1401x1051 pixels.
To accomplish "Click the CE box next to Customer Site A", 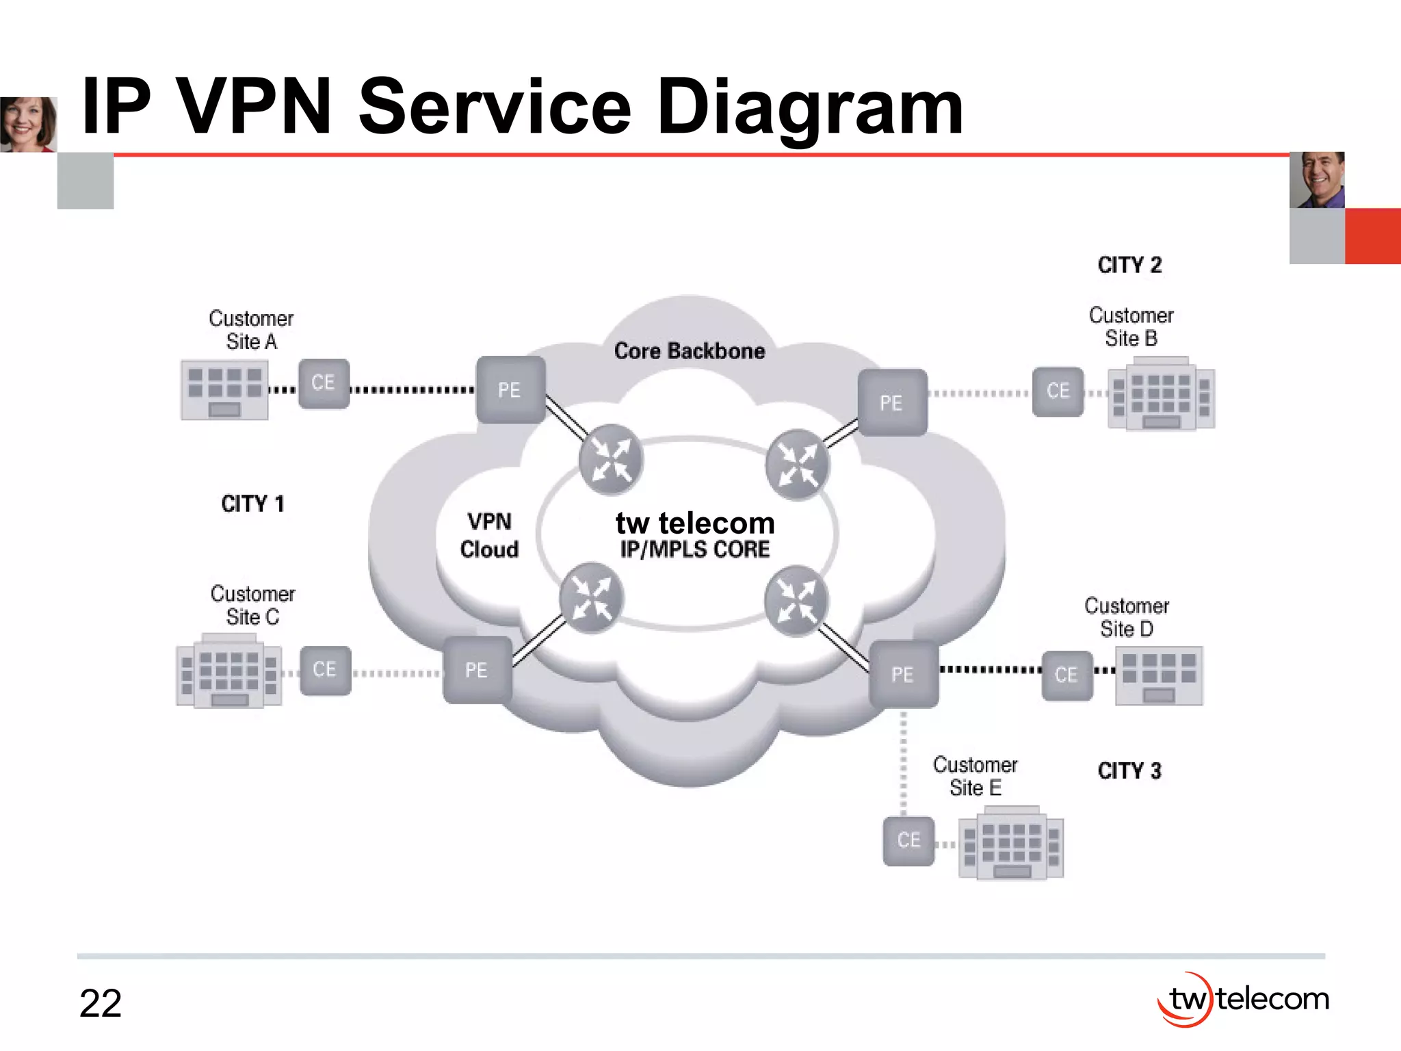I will coord(324,384).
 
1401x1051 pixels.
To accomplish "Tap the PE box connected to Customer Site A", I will coord(510,390).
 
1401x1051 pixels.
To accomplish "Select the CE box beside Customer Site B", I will coord(1058,391).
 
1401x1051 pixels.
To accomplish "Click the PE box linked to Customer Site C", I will coord(477,670).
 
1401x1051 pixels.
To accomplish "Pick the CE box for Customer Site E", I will coord(908,840).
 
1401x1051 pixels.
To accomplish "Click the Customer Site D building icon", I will coord(1158,676).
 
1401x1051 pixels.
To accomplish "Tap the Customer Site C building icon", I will coord(228,671).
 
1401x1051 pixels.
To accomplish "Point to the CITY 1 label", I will coord(252,504).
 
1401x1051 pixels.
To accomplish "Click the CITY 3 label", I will coord(1129,771).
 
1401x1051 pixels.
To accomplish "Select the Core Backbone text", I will coord(689,351).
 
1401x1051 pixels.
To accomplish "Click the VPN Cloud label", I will coord(489,536).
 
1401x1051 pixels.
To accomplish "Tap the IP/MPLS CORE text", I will coord(694,549).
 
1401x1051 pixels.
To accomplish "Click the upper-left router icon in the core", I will coord(610,459).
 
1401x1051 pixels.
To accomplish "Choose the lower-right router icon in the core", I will coord(796,601).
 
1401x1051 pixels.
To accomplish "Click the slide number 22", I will coord(100,1004).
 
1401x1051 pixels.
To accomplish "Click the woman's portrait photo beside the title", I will coord(28,124).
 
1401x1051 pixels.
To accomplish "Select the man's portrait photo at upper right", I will coord(1317,180).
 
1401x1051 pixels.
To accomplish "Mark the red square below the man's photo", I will coord(1373,236).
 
